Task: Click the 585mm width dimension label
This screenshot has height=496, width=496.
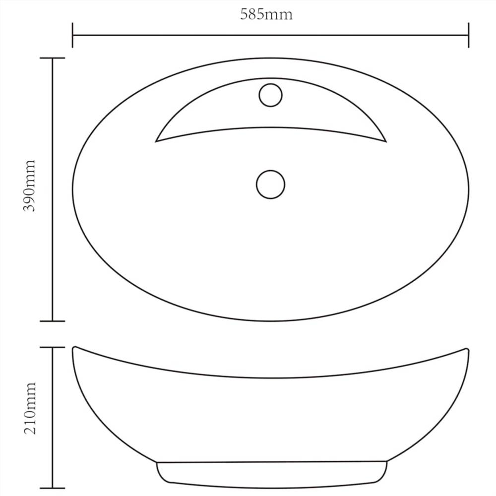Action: tap(266, 14)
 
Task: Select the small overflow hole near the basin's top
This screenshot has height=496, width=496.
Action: tap(270, 95)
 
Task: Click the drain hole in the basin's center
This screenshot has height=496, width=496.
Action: tap(270, 185)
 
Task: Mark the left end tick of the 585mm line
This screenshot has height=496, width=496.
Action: tap(72, 35)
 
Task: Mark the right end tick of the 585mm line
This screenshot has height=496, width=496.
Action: tap(468, 35)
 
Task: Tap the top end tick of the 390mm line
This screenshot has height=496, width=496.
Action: tap(52, 58)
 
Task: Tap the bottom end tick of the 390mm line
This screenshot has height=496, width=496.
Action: tap(52, 321)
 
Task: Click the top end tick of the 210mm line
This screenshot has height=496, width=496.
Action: tap(52, 348)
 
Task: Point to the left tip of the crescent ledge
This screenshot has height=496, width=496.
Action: tap(157, 141)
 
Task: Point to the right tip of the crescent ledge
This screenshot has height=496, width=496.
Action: tap(385, 141)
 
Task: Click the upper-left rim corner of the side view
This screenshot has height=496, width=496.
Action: tap(73, 348)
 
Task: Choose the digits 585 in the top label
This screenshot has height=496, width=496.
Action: tap(251, 14)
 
